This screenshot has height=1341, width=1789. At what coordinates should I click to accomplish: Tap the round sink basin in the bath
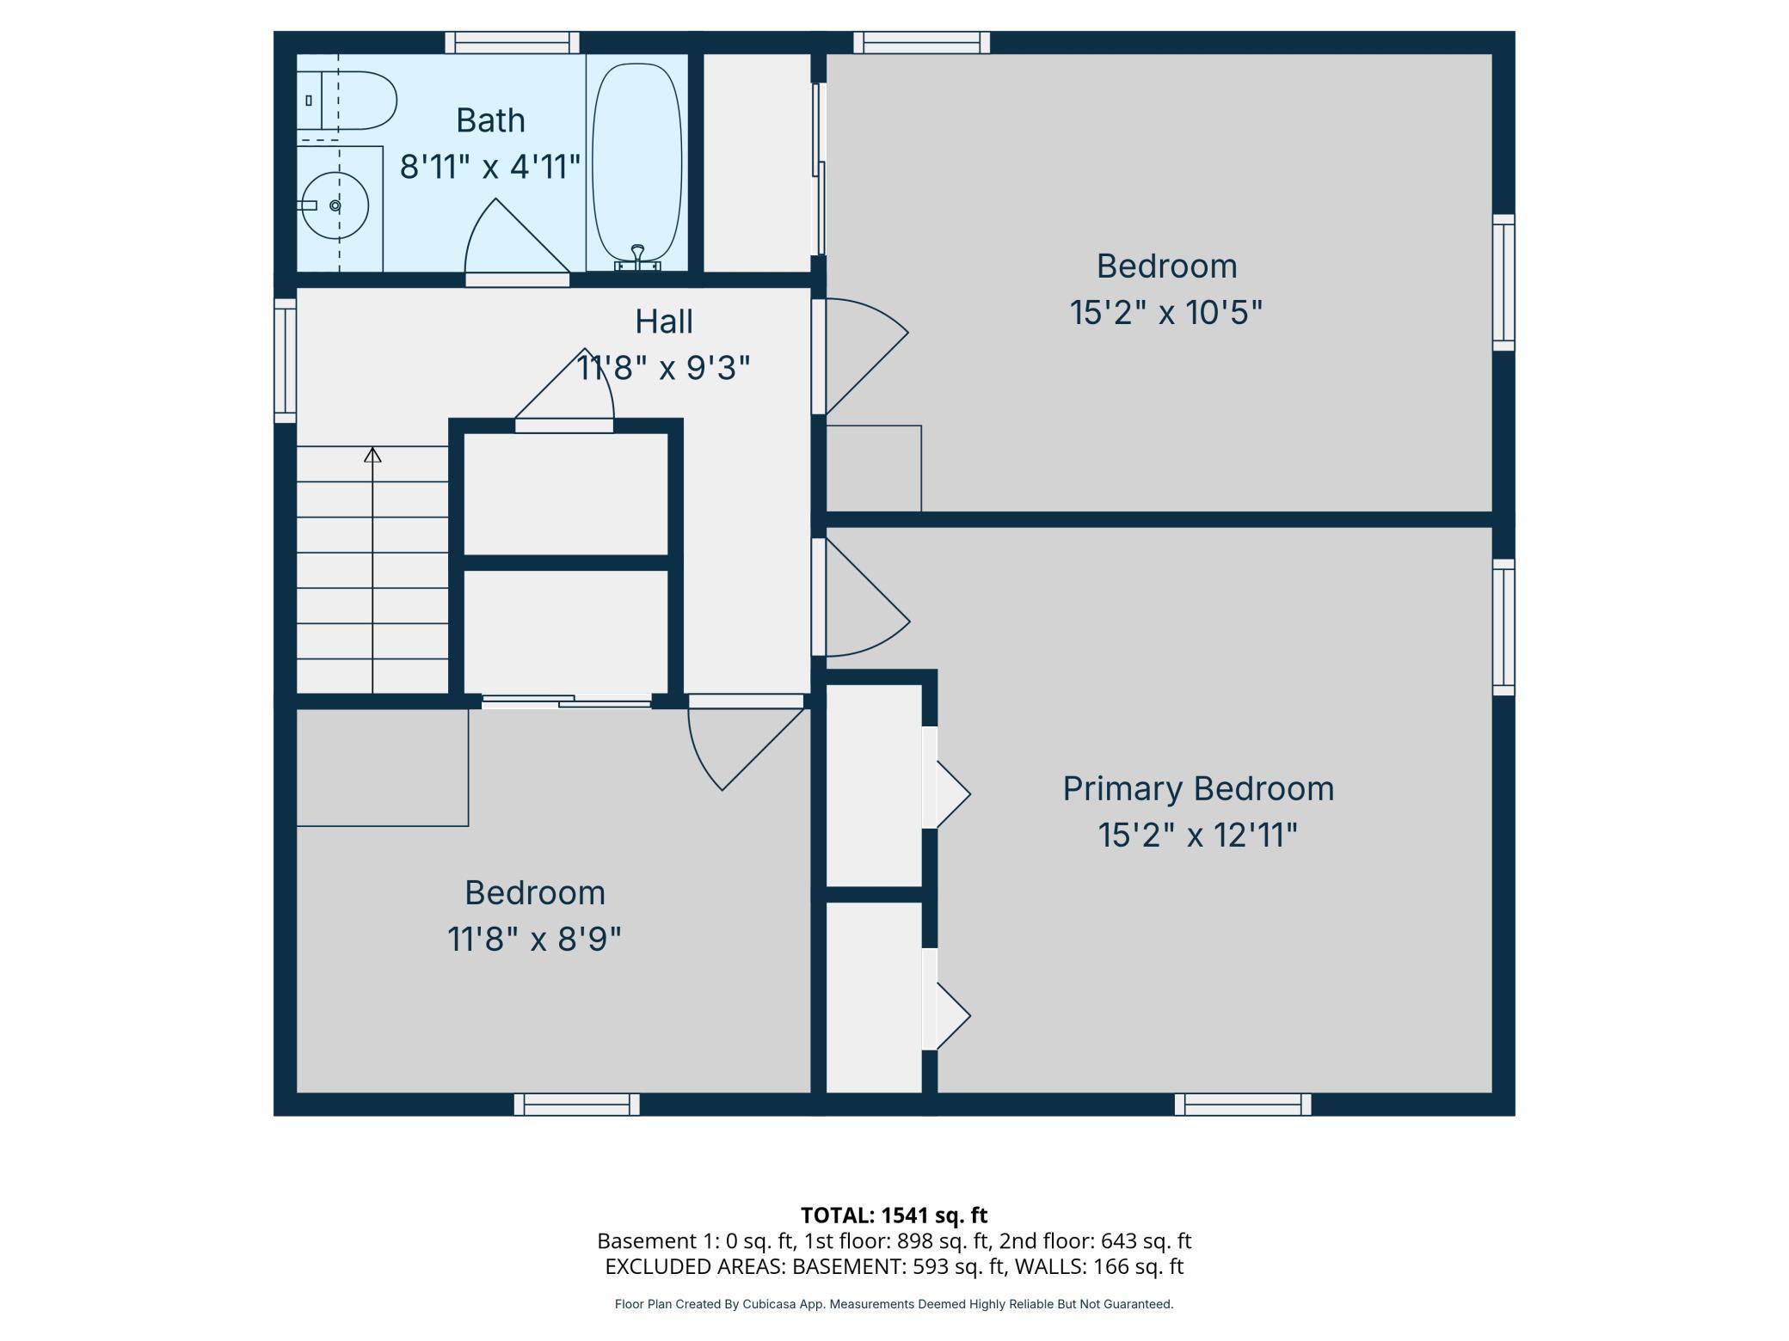click(x=335, y=206)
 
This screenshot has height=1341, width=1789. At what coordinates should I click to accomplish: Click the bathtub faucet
click(x=637, y=254)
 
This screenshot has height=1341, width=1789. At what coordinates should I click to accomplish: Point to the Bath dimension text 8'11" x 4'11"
click(x=490, y=166)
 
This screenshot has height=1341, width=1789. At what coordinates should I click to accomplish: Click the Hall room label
click(x=663, y=321)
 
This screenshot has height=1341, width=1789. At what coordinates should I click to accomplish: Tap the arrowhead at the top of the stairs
click(x=372, y=455)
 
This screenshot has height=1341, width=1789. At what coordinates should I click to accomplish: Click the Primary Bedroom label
click(x=1197, y=789)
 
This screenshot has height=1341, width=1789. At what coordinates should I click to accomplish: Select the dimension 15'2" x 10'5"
click(x=1165, y=312)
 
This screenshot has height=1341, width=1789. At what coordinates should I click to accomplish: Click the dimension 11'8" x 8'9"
click(x=534, y=939)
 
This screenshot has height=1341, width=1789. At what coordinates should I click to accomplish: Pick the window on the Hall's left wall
click(x=285, y=361)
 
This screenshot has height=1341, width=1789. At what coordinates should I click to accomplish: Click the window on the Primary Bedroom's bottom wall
click(x=1242, y=1105)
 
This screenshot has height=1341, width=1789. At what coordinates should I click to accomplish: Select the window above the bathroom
click(x=512, y=42)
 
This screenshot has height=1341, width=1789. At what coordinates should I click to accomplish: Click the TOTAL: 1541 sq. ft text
click(x=894, y=1215)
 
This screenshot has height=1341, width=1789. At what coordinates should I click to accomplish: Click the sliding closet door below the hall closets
click(x=566, y=701)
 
